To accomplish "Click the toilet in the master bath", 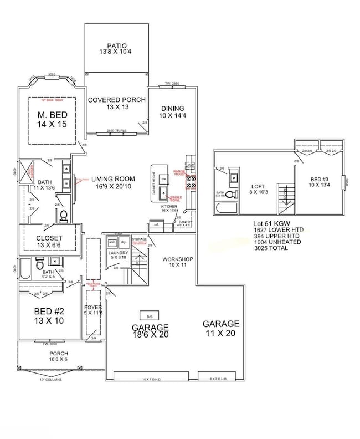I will point(62,215).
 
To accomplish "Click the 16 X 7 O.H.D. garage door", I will point(150,378).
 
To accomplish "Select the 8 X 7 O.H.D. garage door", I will point(218,378).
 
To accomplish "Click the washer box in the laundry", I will point(112,243).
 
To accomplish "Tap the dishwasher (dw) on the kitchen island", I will point(164,179).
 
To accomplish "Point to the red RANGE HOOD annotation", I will point(179,172).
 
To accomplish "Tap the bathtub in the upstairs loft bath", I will point(225,208).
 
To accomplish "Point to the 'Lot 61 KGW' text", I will point(270,223).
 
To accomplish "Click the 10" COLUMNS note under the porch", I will point(50,380).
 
